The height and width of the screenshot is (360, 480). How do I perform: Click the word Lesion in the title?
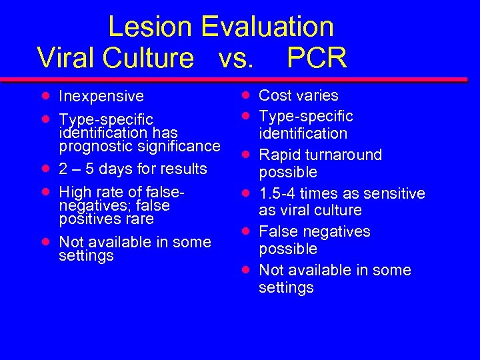pos(150,27)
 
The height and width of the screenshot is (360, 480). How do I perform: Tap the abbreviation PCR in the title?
pos(317,57)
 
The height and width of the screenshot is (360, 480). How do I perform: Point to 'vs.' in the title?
pos(235,57)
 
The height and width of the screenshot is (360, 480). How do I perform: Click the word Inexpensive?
pos(101,96)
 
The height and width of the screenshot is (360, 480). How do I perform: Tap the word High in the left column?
pos(74,192)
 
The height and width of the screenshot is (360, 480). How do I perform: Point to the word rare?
pos(139,219)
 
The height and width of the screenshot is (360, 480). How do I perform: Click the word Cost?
pos(275,95)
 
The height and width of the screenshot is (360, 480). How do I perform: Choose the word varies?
pos(317,95)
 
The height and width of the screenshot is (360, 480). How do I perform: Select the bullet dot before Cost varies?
pos(246,95)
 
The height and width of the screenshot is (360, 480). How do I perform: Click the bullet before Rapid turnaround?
pos(246,154)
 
